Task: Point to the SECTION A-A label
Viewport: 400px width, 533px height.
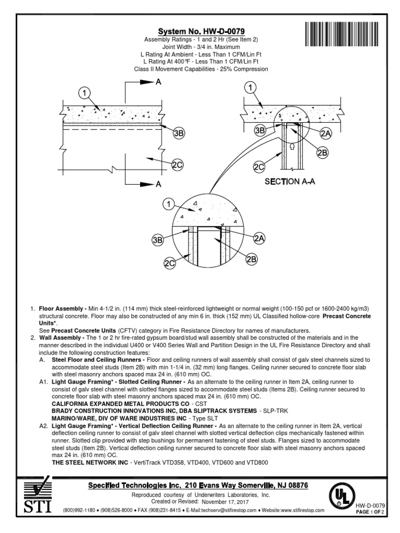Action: (290, 182)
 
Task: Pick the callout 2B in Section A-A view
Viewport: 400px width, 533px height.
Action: (322, 152)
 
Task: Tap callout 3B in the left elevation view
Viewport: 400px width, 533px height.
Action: (179, 133)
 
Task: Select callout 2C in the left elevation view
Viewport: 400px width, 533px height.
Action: (178, 166)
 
